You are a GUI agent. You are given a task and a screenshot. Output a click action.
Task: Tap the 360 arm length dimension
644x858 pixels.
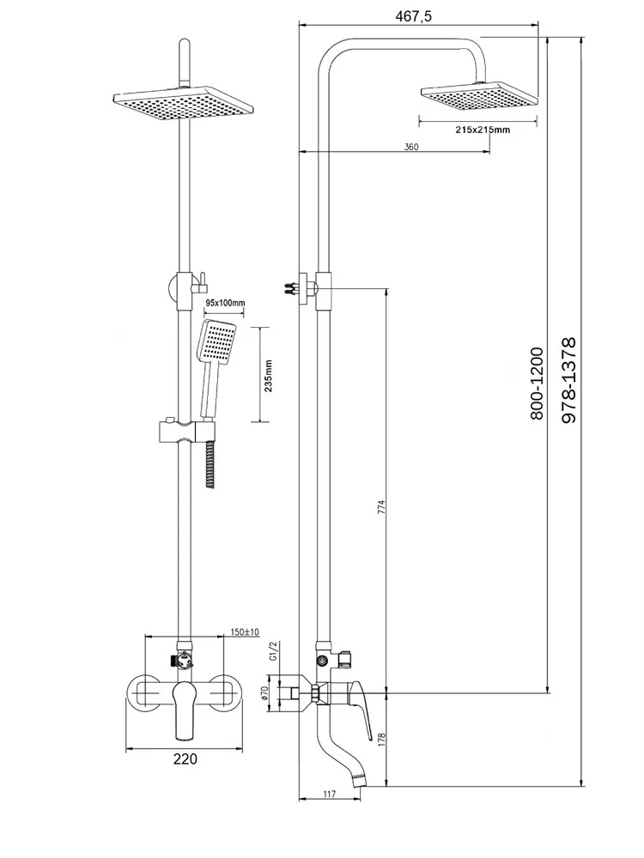pos(410,148)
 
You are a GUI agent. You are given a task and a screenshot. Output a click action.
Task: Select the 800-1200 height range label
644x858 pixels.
pos(537,383)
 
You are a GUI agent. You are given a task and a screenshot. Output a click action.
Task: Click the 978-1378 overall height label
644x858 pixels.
pos(568,378)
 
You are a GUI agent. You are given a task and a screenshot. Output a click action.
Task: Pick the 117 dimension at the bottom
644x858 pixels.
pos(330,795)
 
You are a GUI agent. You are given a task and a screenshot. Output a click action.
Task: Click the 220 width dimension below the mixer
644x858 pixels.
pos(185,758)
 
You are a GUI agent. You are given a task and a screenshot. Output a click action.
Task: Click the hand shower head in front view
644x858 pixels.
pos(216,343)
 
